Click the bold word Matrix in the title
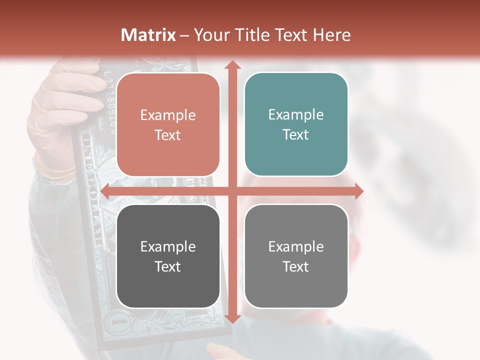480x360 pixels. pos(148,35)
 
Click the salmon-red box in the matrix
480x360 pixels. pos(168,124)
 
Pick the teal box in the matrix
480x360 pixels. pos(296,124)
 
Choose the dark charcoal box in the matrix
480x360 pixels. pos(168,256)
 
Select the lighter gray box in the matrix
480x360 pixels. pos(296,256)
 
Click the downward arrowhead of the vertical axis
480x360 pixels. pos(232,318)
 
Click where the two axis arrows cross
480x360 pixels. pos(232,191)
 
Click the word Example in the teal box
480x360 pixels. pos(296,115)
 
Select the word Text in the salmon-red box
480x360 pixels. pos(168,135)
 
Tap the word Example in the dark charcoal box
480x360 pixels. pos(168,246)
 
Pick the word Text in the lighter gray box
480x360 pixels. pos(296,266)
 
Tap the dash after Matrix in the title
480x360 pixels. pos(184,35)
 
